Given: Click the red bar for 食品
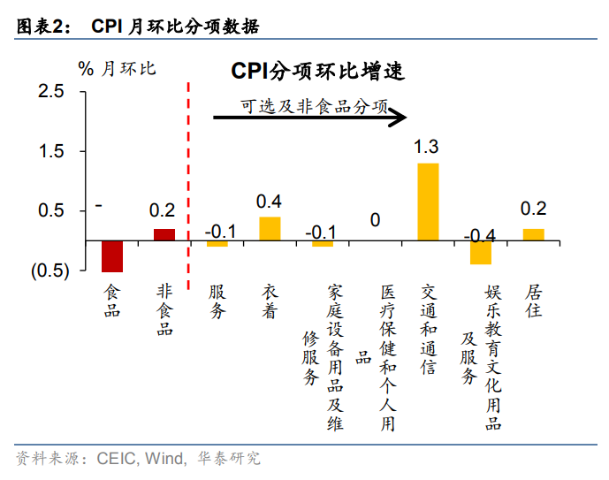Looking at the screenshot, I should (112, 255).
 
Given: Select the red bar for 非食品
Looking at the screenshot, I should (164, 234).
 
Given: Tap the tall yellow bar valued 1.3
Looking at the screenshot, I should (428, 202).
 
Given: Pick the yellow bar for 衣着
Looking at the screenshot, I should (270, 228).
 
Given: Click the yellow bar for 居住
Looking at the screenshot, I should (533, 234).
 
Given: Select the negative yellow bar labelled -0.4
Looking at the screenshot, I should (480, 252).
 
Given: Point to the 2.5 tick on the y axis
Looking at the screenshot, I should (52, 92).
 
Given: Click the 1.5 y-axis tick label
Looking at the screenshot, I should (52, 152).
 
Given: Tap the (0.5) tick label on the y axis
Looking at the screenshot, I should (50, 271).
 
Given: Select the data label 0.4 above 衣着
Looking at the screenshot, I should (269, 202).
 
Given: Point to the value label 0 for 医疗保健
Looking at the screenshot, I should (375, 219).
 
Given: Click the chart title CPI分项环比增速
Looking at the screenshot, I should (318, 72).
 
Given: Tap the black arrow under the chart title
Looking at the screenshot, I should (309, 116).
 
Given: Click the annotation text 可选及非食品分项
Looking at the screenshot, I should (315, 106).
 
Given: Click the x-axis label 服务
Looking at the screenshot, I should (217, 301).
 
